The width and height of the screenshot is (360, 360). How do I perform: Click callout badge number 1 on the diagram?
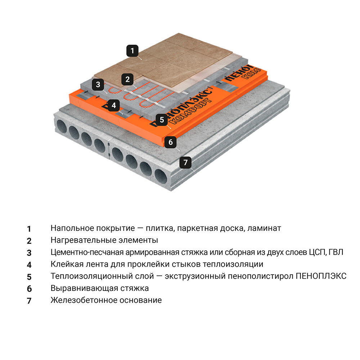[x=132, y=51]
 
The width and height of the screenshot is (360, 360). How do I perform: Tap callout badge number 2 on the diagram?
[x=127, y=79]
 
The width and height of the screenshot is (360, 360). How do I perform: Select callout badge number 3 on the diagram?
[x=98, y=85]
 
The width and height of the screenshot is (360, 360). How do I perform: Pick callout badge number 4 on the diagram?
[x=114, y=105]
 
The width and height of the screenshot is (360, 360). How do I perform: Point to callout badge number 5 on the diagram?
[x=162, y=120]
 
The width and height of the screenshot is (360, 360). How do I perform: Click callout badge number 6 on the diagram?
[x=171, y=142]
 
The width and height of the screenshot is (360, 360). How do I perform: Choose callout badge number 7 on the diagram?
[x=185, y=162]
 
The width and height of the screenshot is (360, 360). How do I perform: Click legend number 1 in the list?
[x=29, y=229]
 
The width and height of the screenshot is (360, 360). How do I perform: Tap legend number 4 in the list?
[x=29, y=265]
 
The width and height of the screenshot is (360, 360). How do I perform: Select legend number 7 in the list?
[x=29, y=301]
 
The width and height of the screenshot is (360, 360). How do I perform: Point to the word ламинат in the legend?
[x=266, y=228]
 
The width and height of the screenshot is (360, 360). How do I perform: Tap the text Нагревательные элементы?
[x=104, y=240]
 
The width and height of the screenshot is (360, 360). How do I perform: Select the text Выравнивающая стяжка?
[x=100, y=288]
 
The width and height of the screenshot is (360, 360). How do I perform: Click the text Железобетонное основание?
[x=106, y=300]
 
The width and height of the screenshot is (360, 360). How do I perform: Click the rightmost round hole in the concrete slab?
[x=161, y=176]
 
